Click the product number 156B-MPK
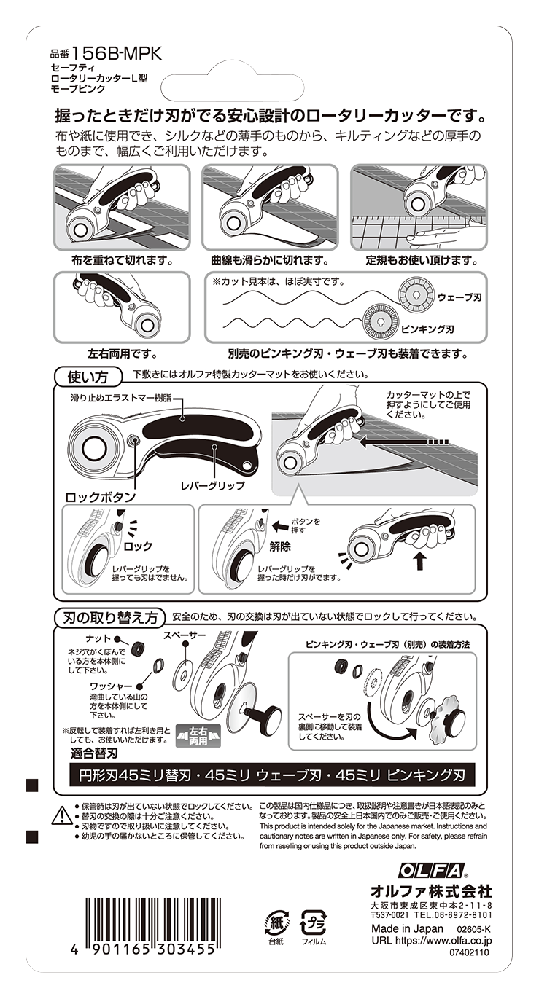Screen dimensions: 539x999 click(x=116, y=54)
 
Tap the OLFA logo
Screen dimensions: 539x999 click(x=431, y=871)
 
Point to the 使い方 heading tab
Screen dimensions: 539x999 click(x=88, y=377)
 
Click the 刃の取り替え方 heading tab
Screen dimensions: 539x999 click(x=111, y=618)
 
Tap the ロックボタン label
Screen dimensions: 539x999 click(x=101, y=497)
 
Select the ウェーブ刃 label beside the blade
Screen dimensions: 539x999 click(x=459, y=297)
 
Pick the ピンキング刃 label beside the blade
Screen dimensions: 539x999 click(x=427, y=329)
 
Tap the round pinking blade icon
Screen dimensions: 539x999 click(x=381, y=321)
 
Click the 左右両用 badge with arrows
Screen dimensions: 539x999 click(x=198, y=735)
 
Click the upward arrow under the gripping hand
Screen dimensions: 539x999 click(x=420, y=561)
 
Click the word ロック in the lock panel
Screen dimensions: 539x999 click(x=138, y=546)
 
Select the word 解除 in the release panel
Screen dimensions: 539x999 click(x=281, y=546)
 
